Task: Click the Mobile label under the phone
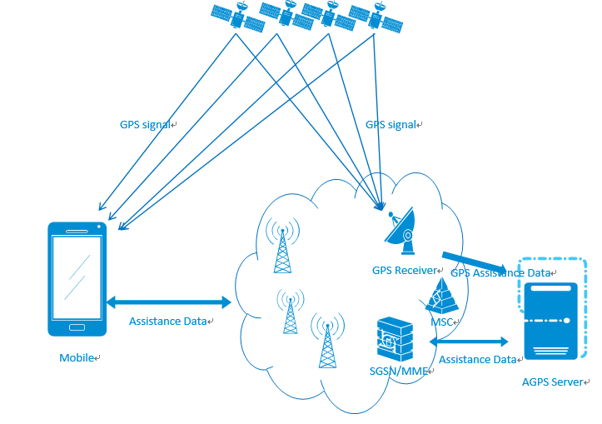point(77,358)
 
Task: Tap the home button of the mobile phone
point(77,326)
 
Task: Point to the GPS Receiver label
point(404,271)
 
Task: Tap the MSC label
point(442,322)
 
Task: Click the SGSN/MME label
point(398,372)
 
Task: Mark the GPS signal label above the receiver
point(391,125)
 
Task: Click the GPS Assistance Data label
point(500,272)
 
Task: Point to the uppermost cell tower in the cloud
point(283,245)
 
